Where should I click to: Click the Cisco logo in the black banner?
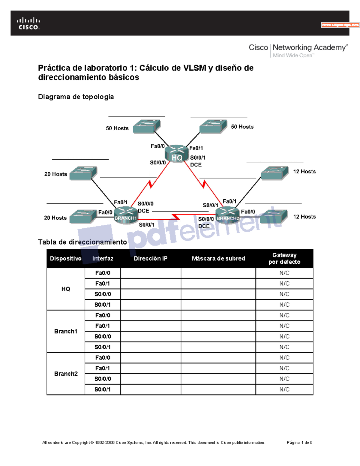(x=28, y=24)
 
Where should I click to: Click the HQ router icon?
(x=177, y=153)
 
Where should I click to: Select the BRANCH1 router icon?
(x=126, y=215)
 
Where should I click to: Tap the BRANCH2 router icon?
(x=228, y=215)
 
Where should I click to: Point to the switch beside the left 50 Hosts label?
(x=147, y=126)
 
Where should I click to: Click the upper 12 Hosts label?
(x=304, y=172)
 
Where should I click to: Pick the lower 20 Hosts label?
(x=55, y=218)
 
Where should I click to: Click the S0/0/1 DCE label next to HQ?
(x=198, y=161)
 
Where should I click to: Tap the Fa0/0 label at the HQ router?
(x=157, y=146)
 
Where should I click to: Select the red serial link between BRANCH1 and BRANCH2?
(x=175, y=217)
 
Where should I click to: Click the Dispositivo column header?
(x=66, y=259)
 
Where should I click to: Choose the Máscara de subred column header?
(x=218, y=259)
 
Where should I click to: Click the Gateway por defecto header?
(x=284, y=259)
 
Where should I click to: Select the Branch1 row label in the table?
(x=66, y=331)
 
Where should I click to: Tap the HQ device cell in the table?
(x=66, y=289)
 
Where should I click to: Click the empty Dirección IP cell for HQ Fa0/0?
(x=151, y=273)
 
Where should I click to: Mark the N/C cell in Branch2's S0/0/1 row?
(x=284, y=389)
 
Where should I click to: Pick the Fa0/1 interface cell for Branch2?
(x=103, y=368)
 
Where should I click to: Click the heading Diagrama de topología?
(x=76, y=97)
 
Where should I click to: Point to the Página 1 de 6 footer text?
(x=299, y=443)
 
